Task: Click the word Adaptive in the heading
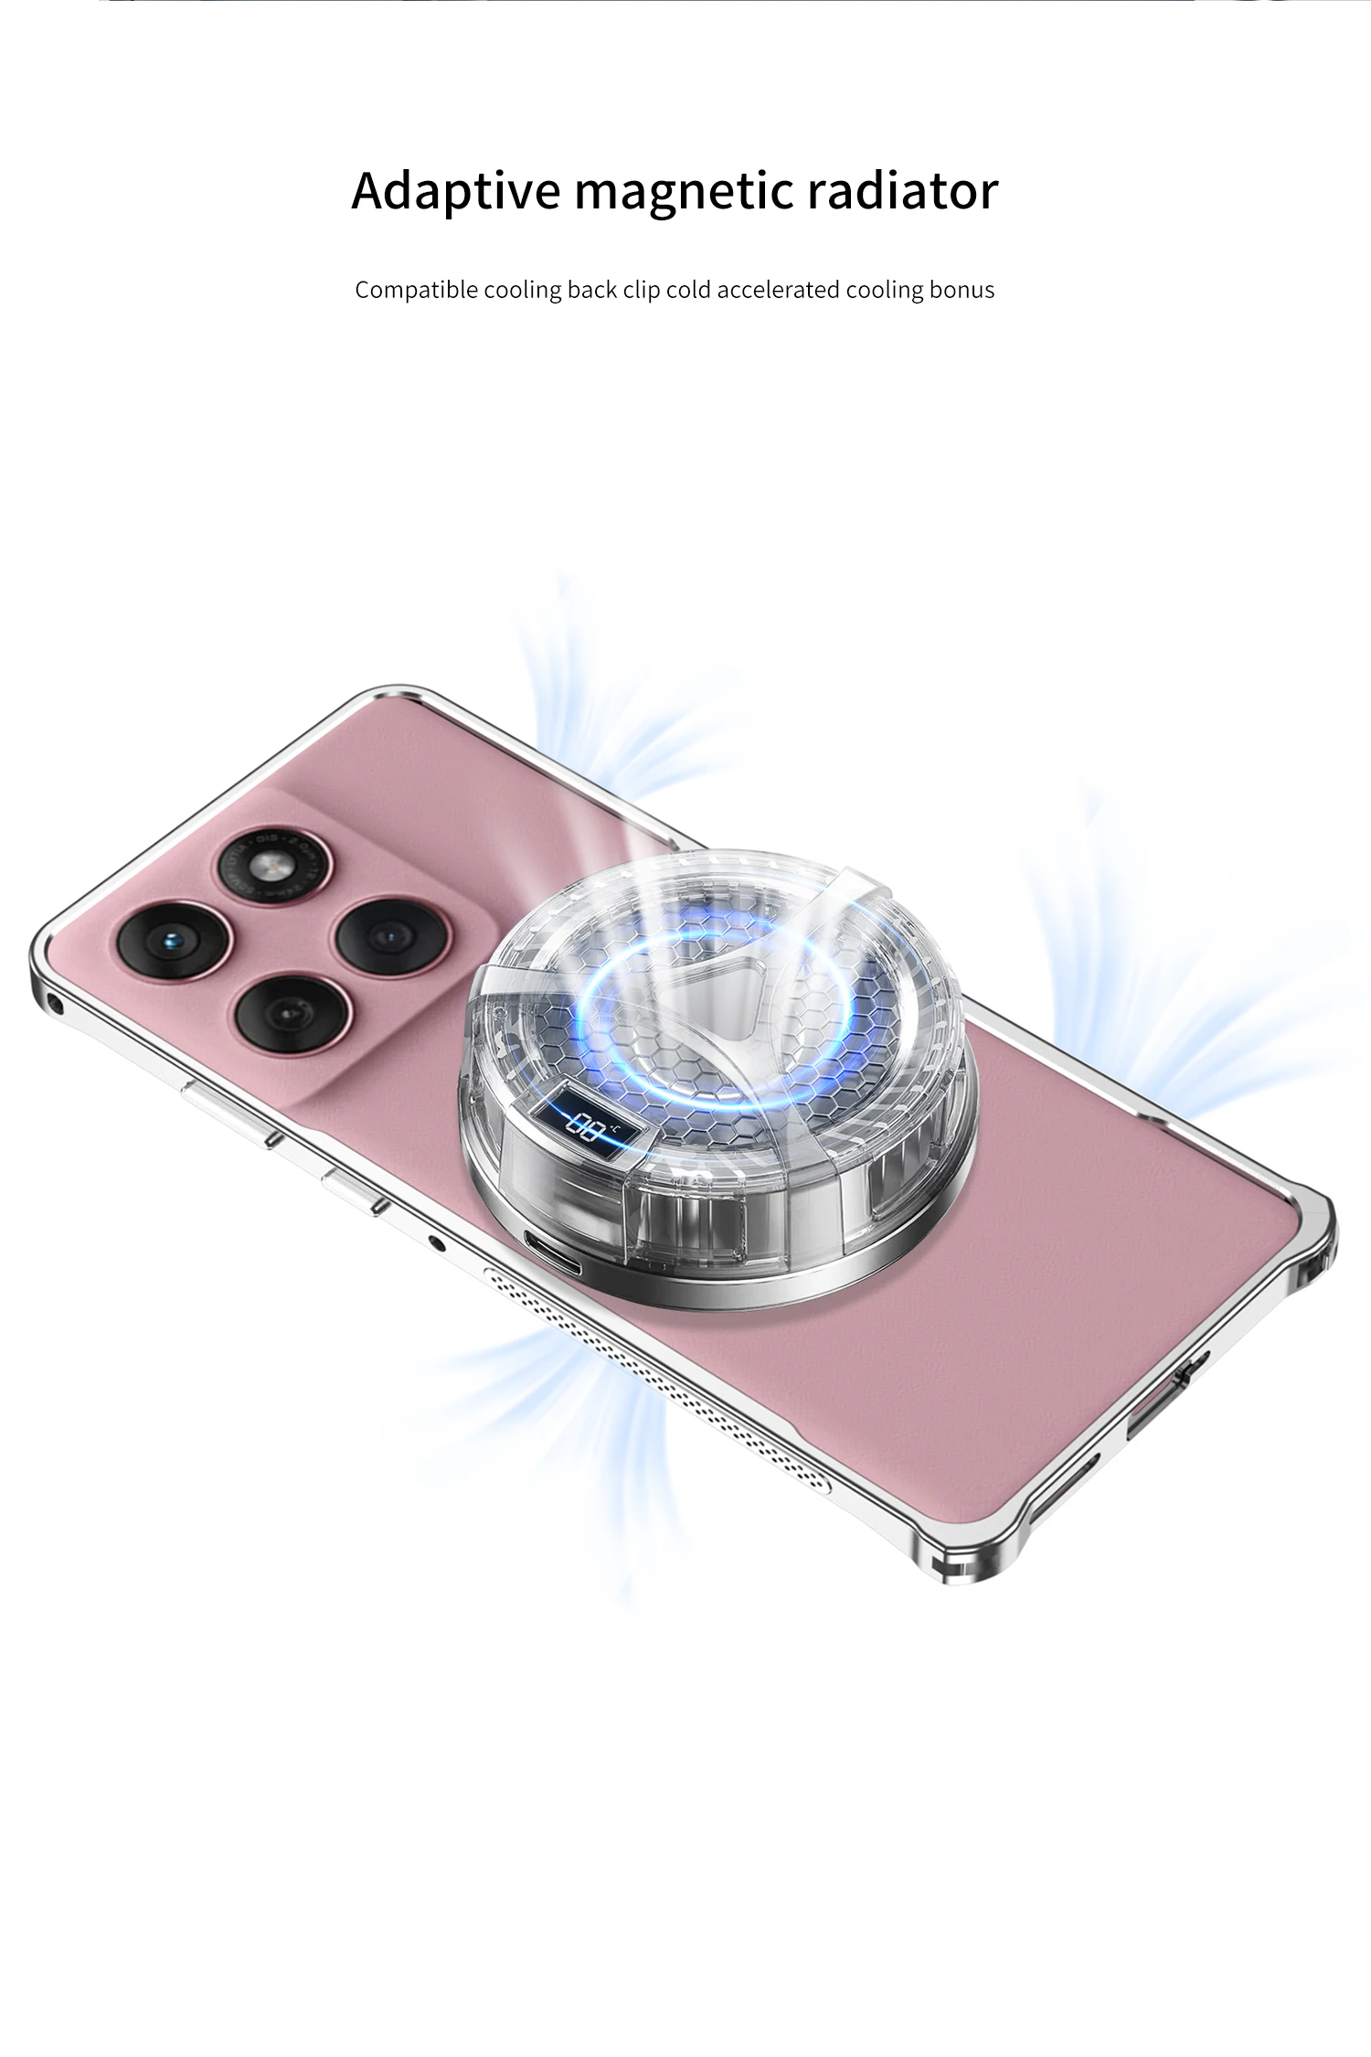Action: click(455, 192)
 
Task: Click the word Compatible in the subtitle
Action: click(416, 291)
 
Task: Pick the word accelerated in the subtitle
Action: click(777, 290)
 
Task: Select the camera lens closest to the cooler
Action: click(392, 938)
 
